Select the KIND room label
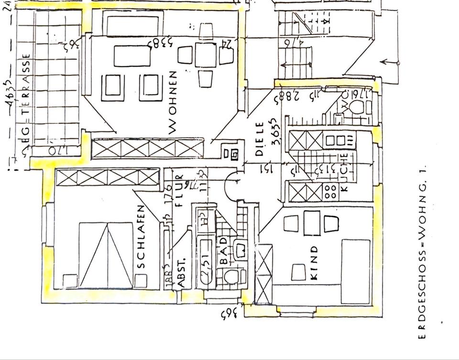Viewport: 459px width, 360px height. tap(314, 266)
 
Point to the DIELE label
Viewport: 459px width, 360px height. tap(260, 139)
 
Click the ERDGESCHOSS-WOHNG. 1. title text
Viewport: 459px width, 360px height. tap(422, 251)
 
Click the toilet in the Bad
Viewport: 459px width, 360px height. tap(231, 277)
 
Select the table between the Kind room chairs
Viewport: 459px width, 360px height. tap(312, 223)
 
